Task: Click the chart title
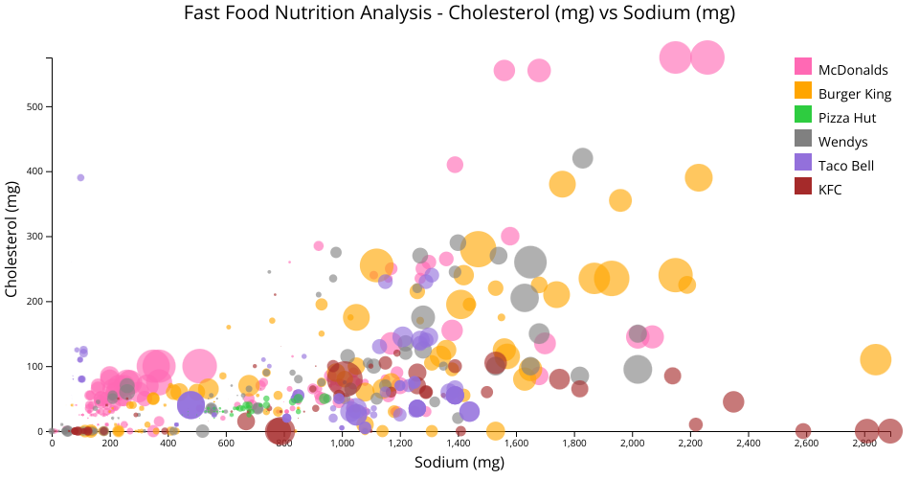tap(459, 13)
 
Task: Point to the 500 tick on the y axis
tap(37, 106)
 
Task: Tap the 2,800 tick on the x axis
tap(864, 444)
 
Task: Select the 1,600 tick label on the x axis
tap(516, 444)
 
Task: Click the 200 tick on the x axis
tap(110, 444)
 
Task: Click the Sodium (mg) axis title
tap(459, 464)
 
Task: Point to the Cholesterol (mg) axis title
tap(13, 243)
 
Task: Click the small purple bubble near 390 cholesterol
tap(80, 177)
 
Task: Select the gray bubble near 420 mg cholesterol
tap(582, 158)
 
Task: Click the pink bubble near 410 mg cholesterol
tap(455, 165)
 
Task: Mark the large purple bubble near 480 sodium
tap(191, 404)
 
